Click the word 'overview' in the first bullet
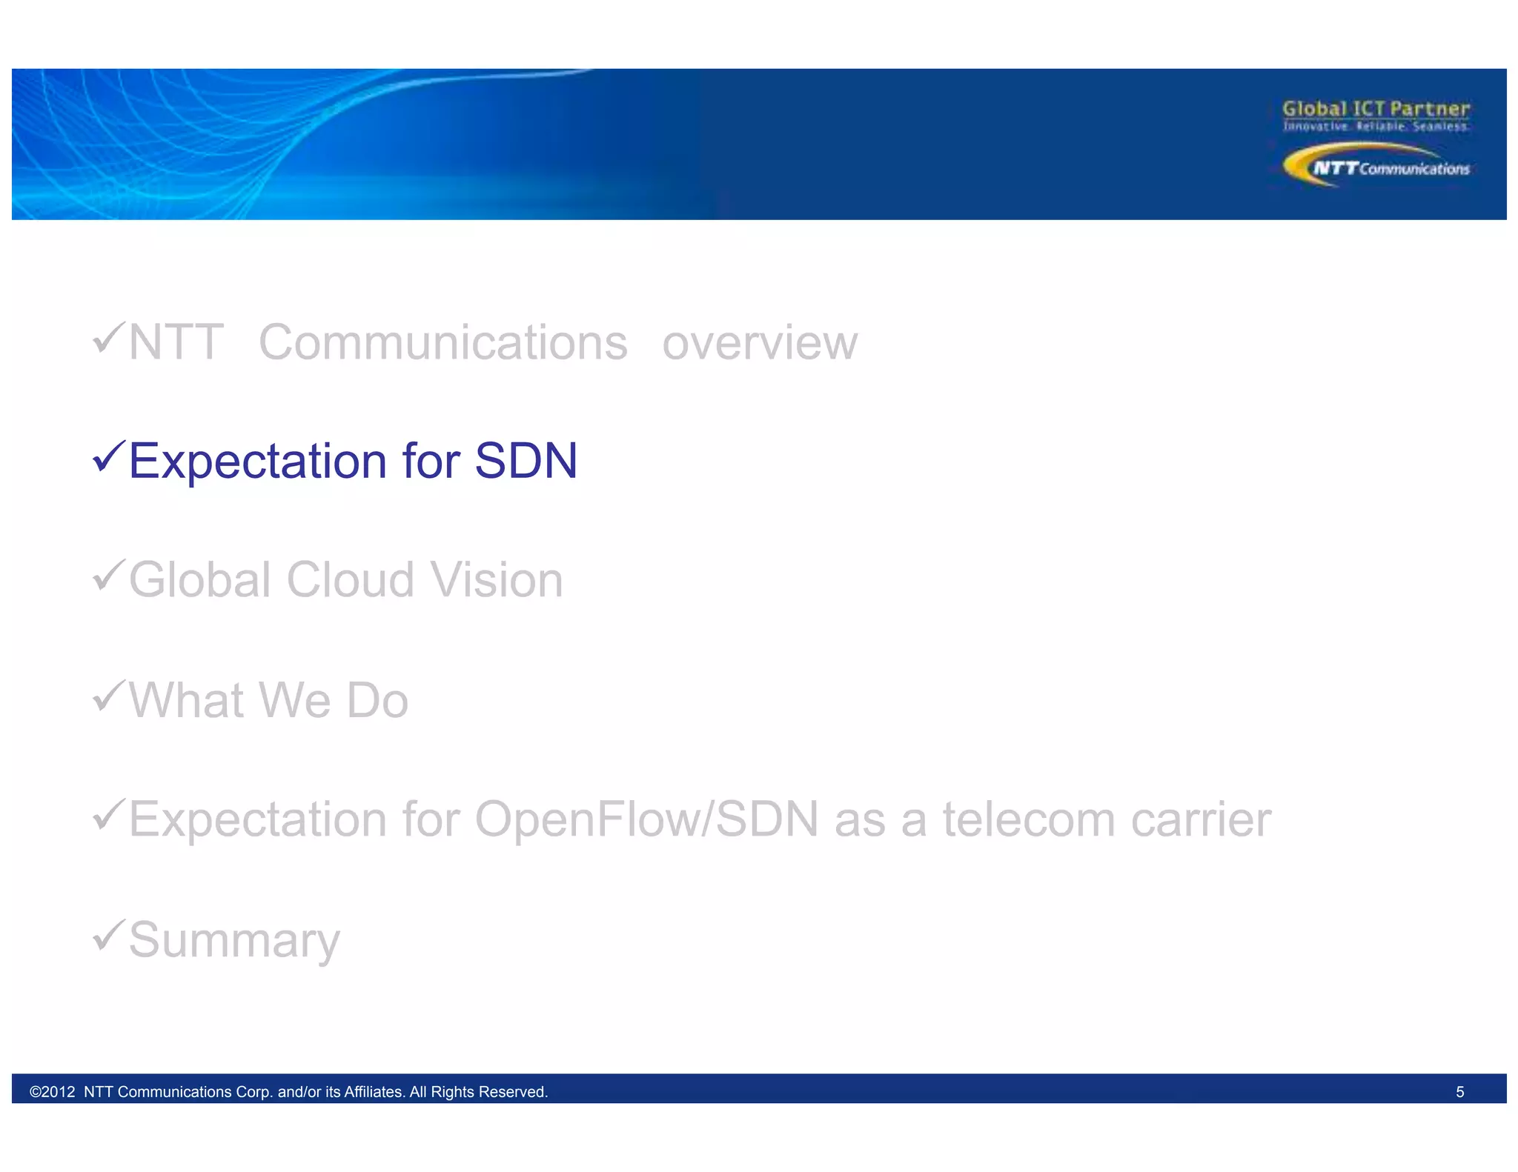pyautogui.click(x=760, y=343)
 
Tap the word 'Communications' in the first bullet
pyautogui.click(x=443, y=343)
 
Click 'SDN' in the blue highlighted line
pyautogui.click(x=526, y=461)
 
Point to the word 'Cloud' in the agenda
pyautogui.click(x=350, y=579)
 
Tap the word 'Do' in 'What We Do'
pyautogui.click(x=377, y=700)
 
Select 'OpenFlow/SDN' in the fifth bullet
pyautogui.click(x=646, y=819)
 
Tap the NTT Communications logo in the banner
pyautogui.click(x=1376, y=166)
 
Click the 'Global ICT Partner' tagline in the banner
pyautogui.click(x=1376, y=109)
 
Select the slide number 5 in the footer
pyautogui.click(x=1459, y=1092)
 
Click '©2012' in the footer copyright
pyautogui.click(x=52, y=1092)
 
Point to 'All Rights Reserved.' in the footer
pyautogui.click(x=478, y=1092)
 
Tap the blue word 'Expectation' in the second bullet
pyautogui.click(x=257, y=461)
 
